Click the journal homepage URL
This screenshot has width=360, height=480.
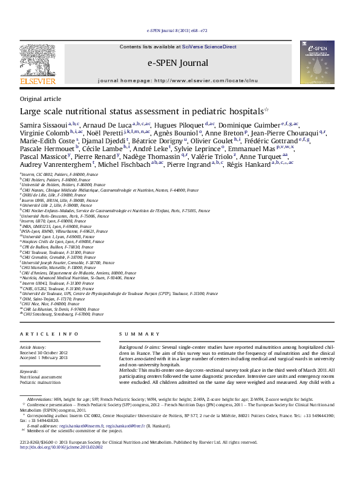206,80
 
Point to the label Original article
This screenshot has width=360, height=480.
41,99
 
